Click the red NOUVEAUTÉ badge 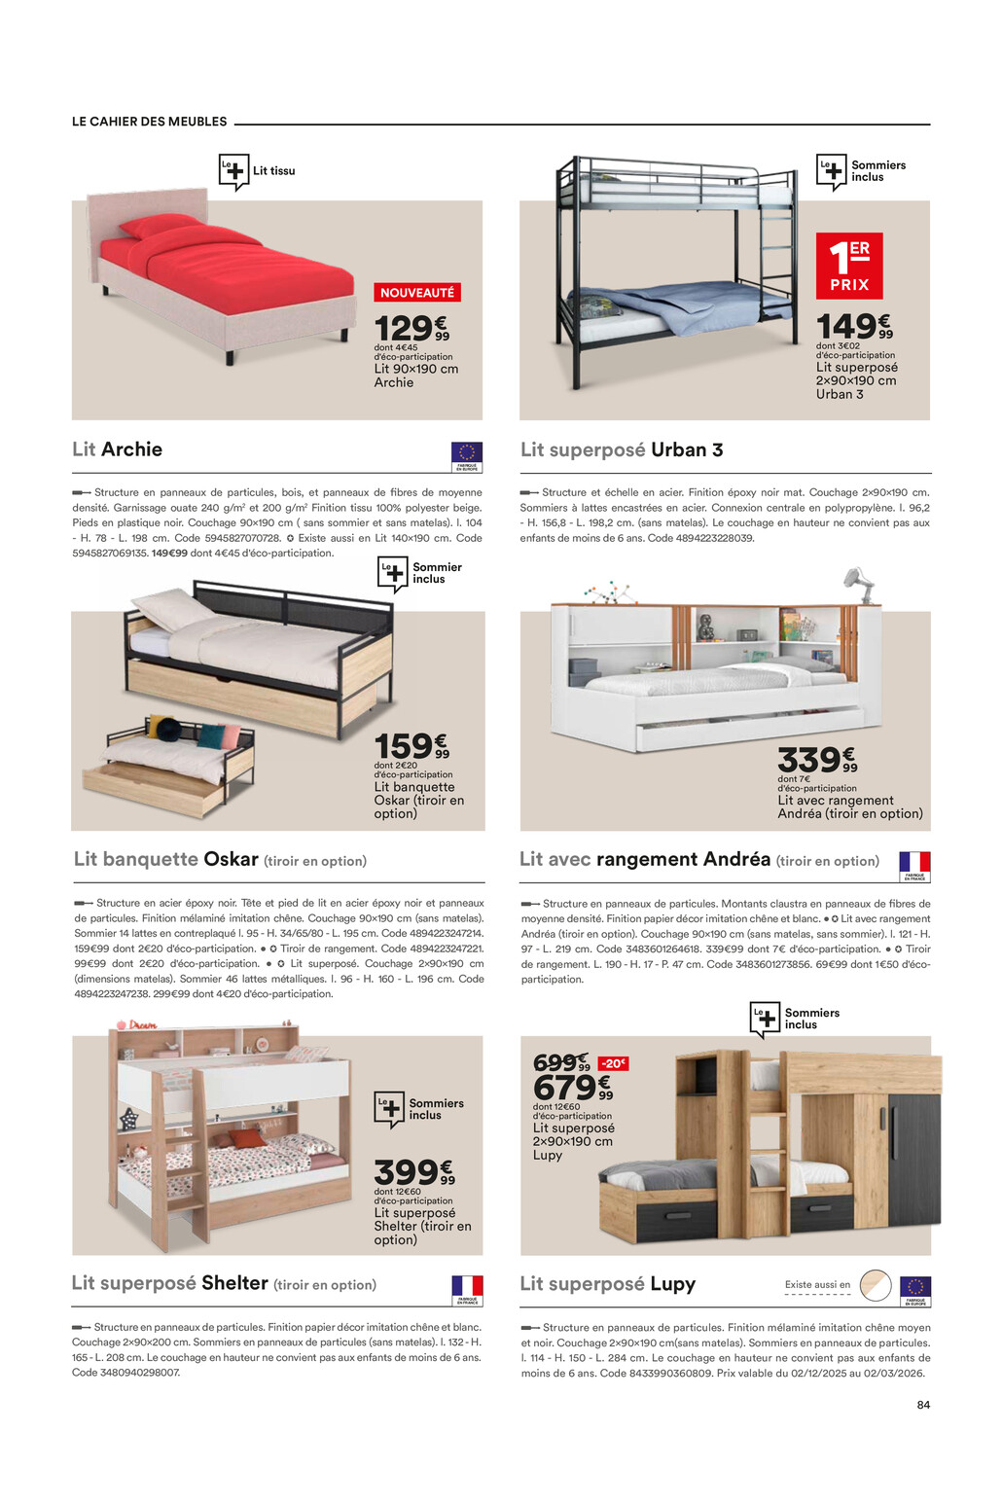(x=417, y=293)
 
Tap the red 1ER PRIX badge (x=849, y=266)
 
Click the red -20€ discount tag (x=613, y=1063)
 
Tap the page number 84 (x=923, y=1405)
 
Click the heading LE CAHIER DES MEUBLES (x=150, y=122)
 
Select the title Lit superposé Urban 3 (x=622, y=449)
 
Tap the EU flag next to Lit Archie (x=467, y=453)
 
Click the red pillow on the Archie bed (x=161, y=226)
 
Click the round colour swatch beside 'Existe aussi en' (x=876, y=1285)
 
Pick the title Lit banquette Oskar (x=166, y=860)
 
